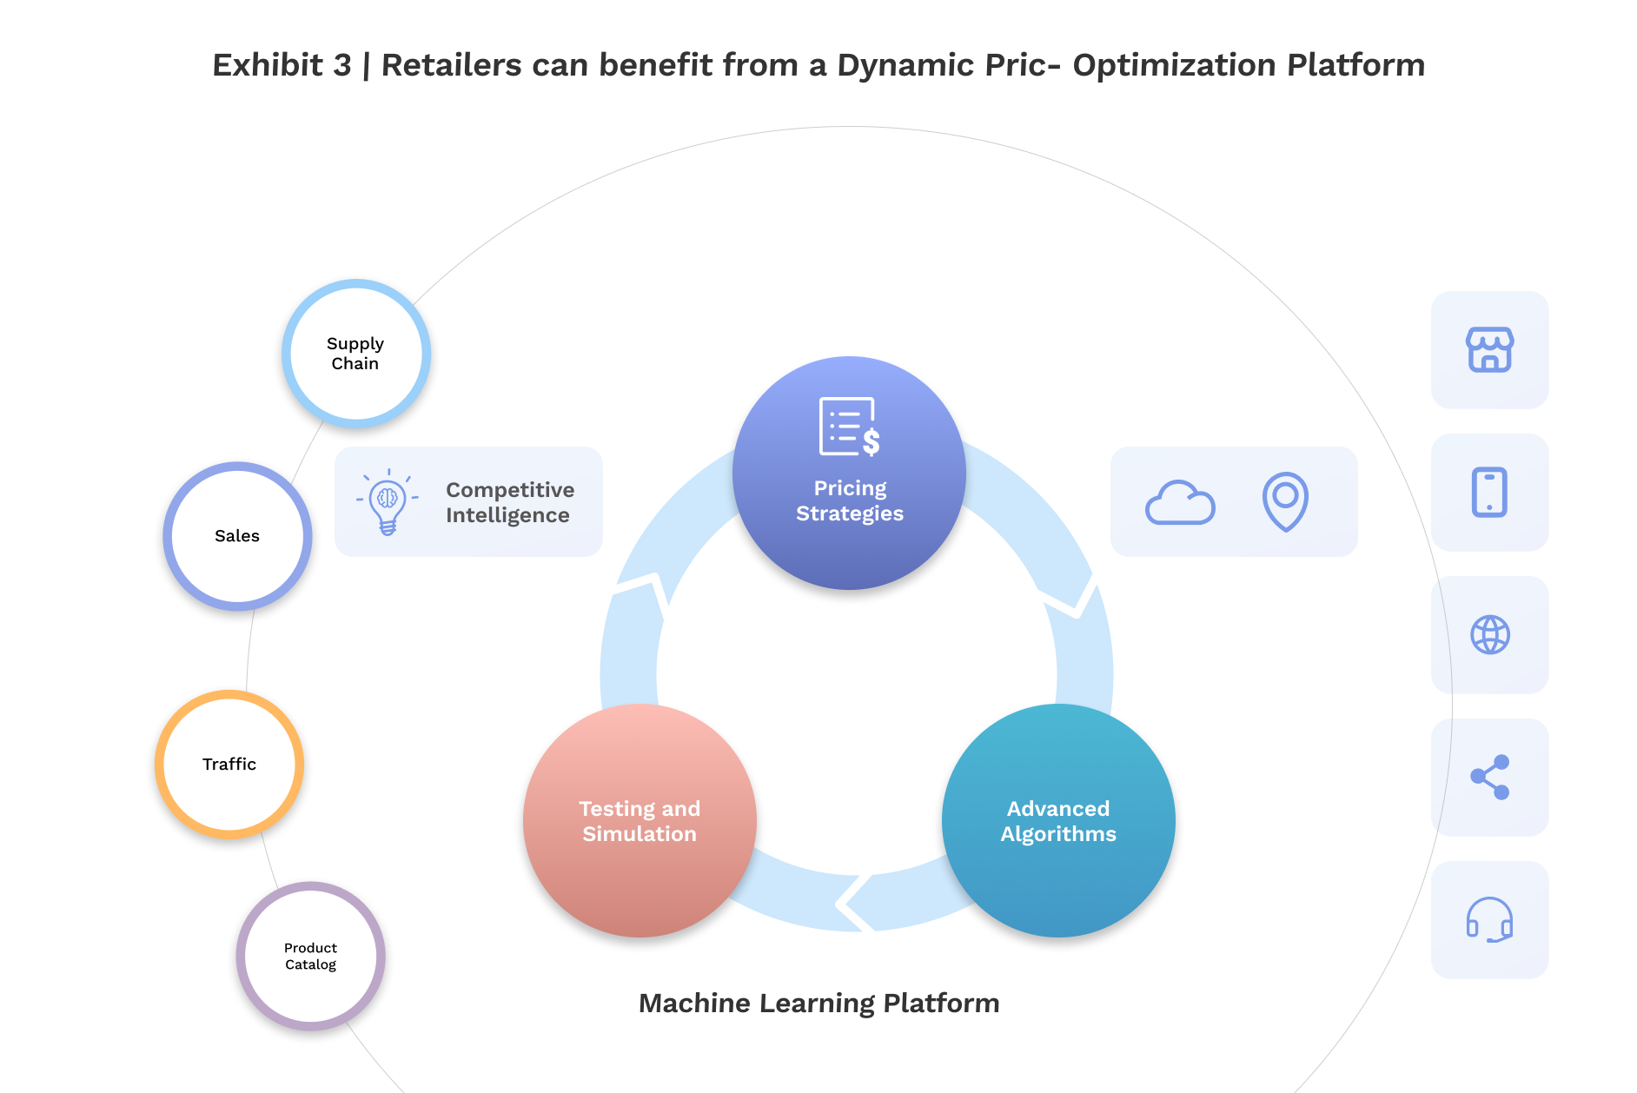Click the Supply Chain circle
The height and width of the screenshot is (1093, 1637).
pyautogui.click(x=355, y=354)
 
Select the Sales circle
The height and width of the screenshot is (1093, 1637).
pyautogui.click(x=237, y=536)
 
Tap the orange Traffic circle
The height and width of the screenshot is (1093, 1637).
pyautogui.click(x=229, y=765)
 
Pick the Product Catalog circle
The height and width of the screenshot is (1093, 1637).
pyautogui.click(x=310, y=956)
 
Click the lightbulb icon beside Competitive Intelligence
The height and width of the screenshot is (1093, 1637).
pyautogui.click(x=388, y=502)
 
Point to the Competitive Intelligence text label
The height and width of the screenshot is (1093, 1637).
pyautogui.click(x=509, y=502)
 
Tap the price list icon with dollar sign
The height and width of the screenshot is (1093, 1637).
pyautogui.click(x=849, y=427)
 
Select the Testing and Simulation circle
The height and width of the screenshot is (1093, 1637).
pyautogui.click(x=640, y=821)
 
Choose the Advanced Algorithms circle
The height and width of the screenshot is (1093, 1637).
pyautogui.click(x=1058, y=821)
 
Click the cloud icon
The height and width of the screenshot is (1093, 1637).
pyautogui.click(x=1180, y=503)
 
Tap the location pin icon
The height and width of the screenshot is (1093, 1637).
pyautogui.click(x=1285, y=500)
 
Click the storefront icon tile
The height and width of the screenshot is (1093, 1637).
pyautogui.click(x=1489, y=350)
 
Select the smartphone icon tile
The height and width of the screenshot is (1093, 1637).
pyautogui.click(x=1489, y=493)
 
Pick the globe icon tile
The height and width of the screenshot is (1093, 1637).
pyautogui.click(x=1489, y=635)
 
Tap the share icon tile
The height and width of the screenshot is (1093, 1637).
pyautogui.click(x=1489, y=778)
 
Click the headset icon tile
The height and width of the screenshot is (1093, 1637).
pyautogui.click(x=1489, y=920)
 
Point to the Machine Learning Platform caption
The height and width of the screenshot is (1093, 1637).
pyautogui.click(x=818, y=1004)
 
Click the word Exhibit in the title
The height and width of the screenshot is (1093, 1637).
pyautogui.click(x=268, y=65)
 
